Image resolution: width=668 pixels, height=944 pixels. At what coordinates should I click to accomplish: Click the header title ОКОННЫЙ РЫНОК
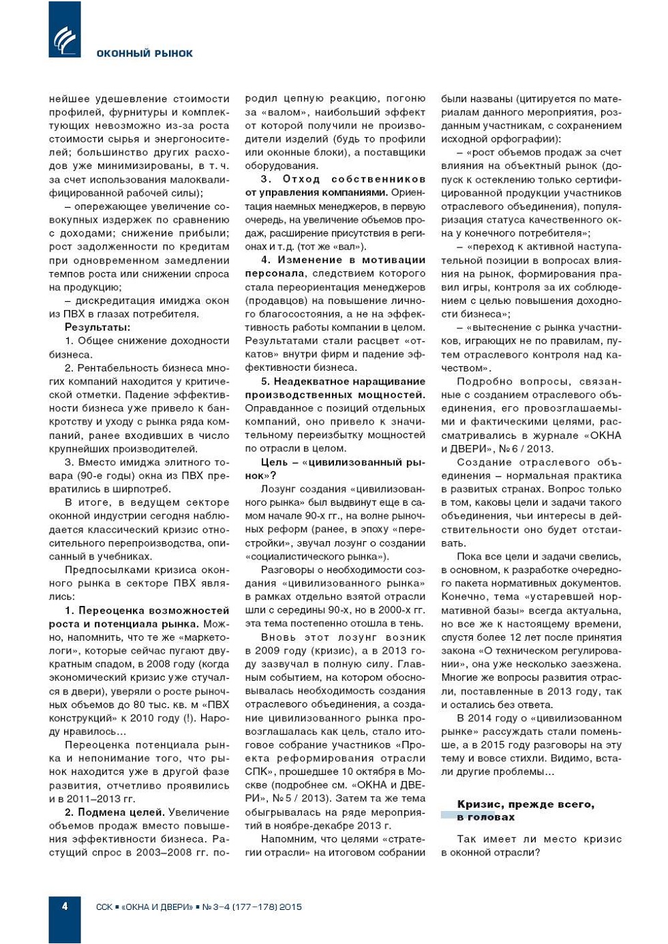(x=145, y=54)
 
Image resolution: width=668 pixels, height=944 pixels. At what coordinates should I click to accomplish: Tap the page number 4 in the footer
(x=65, y=906)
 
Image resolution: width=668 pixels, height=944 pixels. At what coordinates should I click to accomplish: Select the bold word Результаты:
(x=97, y=327)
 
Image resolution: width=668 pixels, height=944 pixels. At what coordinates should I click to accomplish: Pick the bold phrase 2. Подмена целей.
(x=115, y=812)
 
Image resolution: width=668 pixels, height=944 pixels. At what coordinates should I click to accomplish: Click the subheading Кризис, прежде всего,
(x=526, y=804)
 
